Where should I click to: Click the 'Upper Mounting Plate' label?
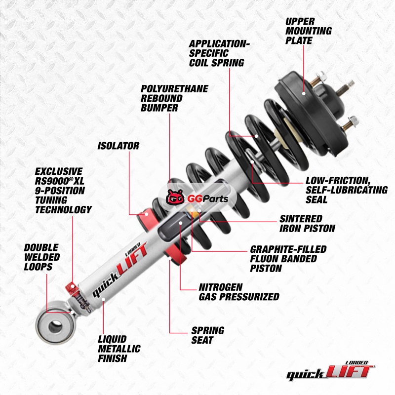[x=308, y=31]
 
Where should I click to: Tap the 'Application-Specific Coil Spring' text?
[x=219, y=53]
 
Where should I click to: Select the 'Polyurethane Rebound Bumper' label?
[x=174, y=98]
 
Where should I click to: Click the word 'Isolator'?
[x=118, y=146]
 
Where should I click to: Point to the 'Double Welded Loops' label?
[x=42, y=257]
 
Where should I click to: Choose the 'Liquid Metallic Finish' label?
[x=119, y=349]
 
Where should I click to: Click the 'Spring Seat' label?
[x=207, y=335]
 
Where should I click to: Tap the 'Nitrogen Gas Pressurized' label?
[x=239, y=292]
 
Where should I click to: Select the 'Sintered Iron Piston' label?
[x=307, y=224]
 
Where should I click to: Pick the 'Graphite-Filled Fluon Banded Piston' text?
[x=288, y=259]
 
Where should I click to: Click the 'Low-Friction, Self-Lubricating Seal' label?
[x=347, y=190]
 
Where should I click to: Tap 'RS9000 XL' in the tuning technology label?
[x=59, y=181]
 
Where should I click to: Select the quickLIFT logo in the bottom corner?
[x=330, y=371]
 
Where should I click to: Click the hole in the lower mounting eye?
[x=55, y=326]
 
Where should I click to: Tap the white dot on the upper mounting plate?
[x=304, y=93]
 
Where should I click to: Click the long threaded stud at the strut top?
[x=346, y=88]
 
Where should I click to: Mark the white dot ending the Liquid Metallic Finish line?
[x=103, y=299]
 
